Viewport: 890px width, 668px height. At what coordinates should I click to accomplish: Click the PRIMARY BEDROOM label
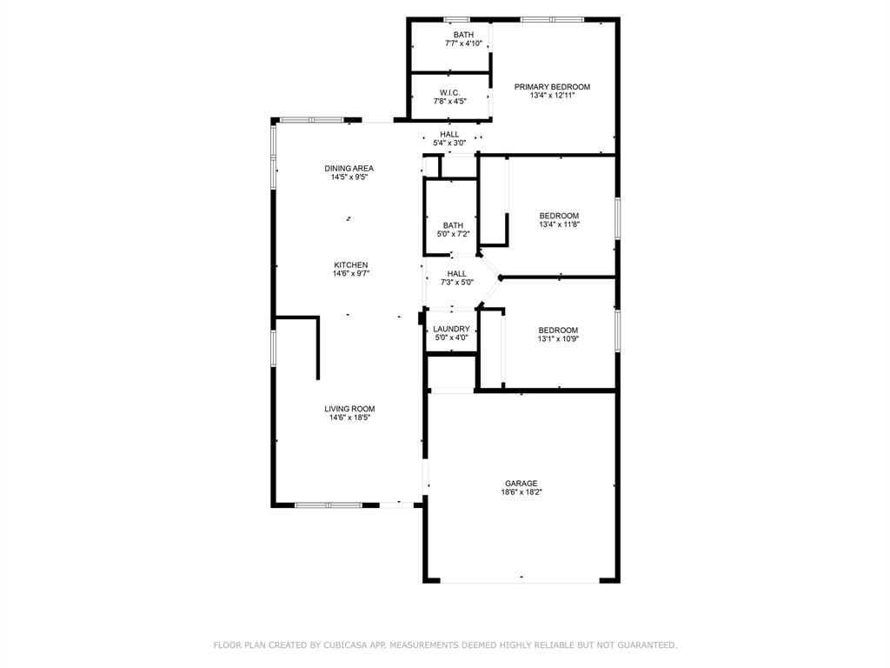point(552,87)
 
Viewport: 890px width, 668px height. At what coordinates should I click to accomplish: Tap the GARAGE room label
point(521,484)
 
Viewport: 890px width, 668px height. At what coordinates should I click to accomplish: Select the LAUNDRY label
point(451,329)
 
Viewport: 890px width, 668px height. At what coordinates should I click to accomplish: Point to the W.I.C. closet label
point(449,92)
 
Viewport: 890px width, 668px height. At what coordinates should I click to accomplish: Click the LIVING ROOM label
point(349,409)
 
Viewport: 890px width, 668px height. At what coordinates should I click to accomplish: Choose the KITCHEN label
point(351,264)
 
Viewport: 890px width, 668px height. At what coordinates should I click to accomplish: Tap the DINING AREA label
point(349,168)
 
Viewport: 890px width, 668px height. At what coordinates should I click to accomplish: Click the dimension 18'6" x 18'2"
point(521,492)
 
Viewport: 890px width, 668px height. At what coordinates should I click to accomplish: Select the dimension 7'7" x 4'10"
point(464,43)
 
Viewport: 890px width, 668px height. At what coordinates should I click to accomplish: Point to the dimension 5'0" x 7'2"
point(453,233)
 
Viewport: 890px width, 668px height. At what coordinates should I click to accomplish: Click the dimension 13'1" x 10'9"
point(559,339)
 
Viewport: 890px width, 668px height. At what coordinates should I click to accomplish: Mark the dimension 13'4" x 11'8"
point(559,224)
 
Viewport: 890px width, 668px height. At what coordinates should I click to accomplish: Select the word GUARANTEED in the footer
point(648,645)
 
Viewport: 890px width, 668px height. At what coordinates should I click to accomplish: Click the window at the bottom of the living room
point(328,504)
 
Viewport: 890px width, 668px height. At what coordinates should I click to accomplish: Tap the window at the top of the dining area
point(312,120)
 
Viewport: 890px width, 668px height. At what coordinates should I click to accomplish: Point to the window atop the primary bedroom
point(552,20)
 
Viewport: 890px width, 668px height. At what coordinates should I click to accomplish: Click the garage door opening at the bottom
point(520,582)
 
